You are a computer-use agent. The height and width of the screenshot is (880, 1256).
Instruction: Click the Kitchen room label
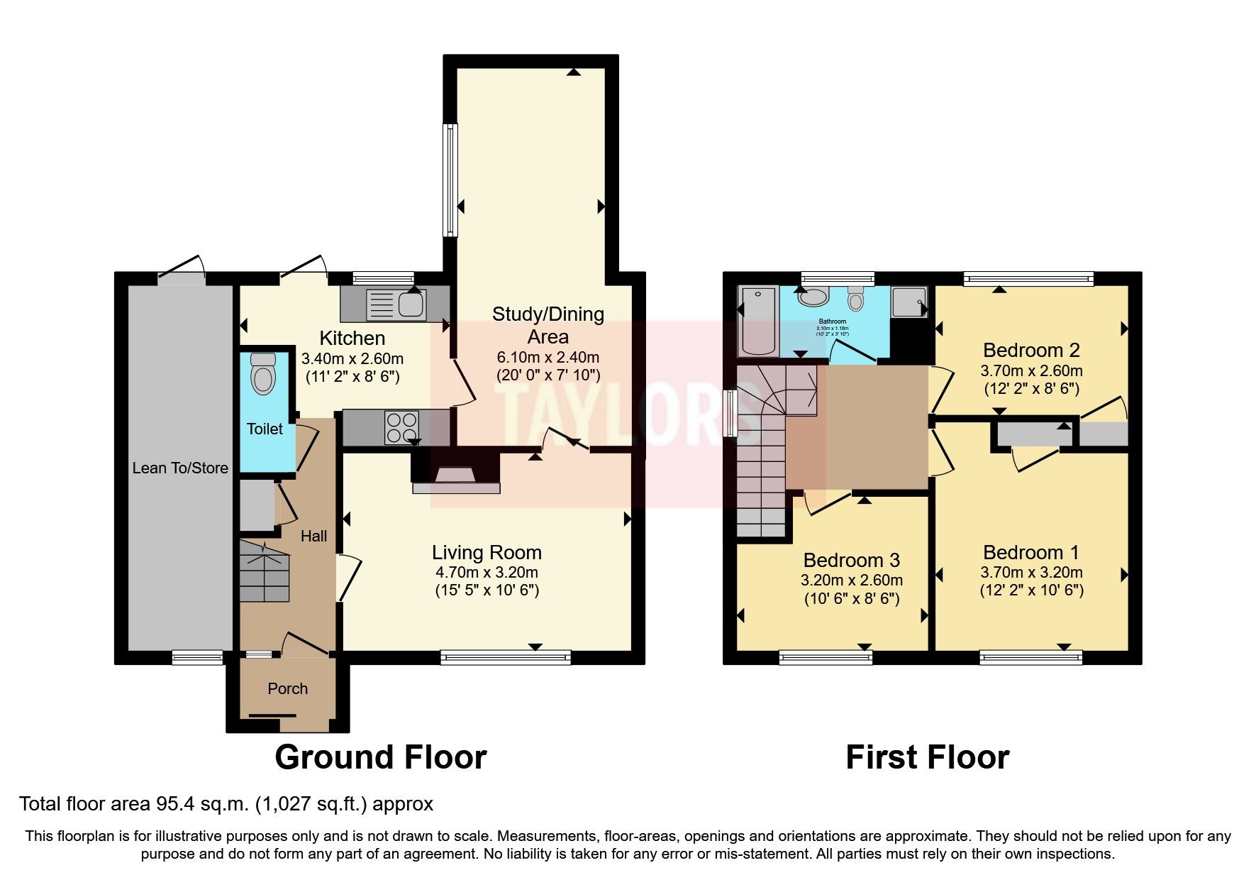352,338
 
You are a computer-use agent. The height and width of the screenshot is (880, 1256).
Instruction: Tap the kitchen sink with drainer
394,304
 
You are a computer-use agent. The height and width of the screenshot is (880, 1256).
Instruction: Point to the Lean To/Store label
180,468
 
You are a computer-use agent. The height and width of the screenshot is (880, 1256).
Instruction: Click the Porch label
287,688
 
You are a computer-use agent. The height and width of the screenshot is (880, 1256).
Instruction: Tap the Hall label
313,536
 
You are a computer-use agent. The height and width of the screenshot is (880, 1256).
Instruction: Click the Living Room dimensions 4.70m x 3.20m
487,572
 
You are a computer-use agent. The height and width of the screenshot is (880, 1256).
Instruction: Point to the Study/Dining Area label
548,324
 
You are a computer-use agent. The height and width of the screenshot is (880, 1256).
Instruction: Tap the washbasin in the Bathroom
813,297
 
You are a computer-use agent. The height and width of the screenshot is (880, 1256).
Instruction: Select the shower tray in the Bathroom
908,302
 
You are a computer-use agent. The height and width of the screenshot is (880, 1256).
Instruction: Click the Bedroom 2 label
1030,350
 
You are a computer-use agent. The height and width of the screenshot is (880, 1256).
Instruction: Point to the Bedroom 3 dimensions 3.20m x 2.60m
851,580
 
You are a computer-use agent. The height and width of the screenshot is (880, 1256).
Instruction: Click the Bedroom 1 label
1030,552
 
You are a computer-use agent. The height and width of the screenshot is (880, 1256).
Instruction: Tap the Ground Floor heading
380,757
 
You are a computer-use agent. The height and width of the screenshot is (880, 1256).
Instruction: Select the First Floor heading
927,757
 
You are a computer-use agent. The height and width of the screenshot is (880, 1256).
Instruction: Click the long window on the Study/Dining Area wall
450,180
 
